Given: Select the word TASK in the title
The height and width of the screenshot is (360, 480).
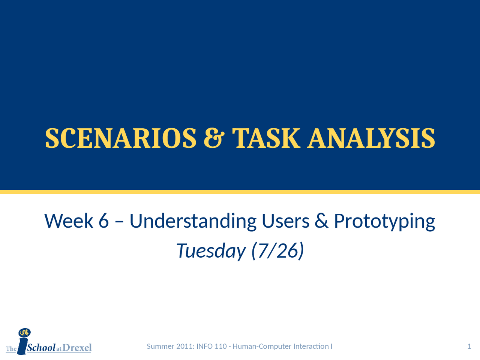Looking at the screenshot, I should pos(266,138).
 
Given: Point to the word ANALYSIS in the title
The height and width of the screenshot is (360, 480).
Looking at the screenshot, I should pos(371,138).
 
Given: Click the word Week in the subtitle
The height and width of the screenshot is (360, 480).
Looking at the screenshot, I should pos(69,221).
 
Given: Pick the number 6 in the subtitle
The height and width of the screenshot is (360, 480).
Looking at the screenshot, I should pos(103,221).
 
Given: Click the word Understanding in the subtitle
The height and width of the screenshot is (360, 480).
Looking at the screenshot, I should pos(193,221).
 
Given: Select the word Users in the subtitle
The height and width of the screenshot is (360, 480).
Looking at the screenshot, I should pos(285,221).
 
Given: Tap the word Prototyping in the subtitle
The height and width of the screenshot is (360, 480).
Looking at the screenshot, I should pos(384,221).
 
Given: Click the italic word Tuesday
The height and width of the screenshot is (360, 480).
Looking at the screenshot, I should pos(211,250).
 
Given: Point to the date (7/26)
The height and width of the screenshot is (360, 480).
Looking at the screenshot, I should pos(277,250).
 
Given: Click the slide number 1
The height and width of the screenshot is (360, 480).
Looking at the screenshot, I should pos(469,346).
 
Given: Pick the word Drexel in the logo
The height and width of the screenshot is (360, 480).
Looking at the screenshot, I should pos(77,348).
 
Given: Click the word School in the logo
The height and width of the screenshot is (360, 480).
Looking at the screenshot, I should pos(41,348).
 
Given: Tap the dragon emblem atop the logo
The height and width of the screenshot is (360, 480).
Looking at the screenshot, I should pos(24,333).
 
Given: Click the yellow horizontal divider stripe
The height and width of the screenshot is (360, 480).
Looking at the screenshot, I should pos(240,192).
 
